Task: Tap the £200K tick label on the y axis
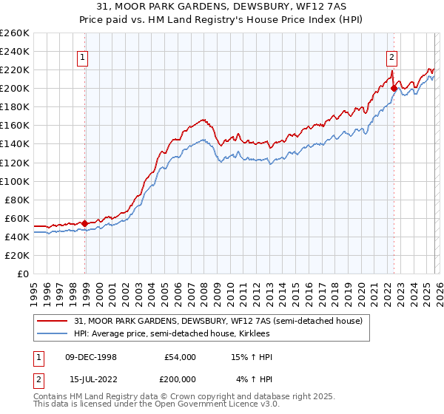click(15, 88)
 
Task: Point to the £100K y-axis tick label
click(15, 181)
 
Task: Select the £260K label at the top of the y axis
click(15, 33)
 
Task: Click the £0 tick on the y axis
click(24, 274)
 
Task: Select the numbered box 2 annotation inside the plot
click(391, 56)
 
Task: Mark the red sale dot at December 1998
click(85, 223)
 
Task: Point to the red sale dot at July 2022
click(394, 88)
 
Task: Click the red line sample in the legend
click(53, 321)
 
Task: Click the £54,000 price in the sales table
click(180, 357)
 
